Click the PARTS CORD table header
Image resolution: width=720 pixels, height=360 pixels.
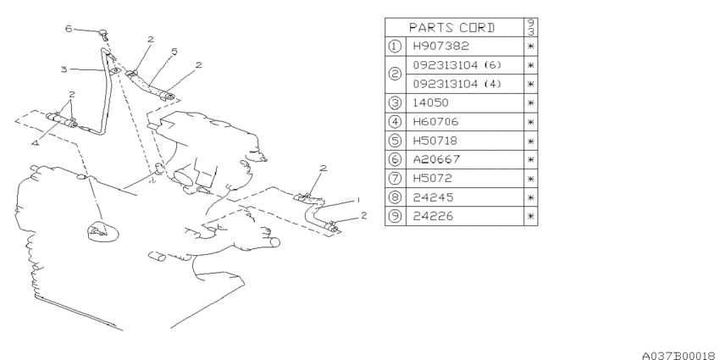tap(451, 28)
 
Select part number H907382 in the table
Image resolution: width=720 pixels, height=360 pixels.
tap(440, 46)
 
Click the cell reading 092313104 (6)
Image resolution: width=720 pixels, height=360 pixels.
tap(457, 65)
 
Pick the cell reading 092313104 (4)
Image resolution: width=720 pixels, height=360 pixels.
tap(457, 84)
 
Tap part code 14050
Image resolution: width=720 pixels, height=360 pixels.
tap(430, 102)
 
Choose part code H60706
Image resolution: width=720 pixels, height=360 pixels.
tap(435, 122)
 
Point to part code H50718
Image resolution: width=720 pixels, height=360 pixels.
tap(435, 141)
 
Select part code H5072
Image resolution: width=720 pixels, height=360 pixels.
tap(432, 179)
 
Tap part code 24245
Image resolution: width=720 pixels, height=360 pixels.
tap(433, 197)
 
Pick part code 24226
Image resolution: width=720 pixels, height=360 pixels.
tap(433, 216)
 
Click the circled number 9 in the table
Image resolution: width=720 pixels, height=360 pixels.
tap(395, 216)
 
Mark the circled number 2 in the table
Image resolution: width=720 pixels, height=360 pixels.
tap(395, 75)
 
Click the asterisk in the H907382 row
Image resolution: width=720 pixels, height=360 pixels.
tap(531, 47)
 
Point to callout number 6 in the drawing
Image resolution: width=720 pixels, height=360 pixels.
tap(69, 29)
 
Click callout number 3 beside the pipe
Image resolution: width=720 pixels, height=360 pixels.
tap(64, 69)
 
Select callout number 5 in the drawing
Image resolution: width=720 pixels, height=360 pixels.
tap(174, 52)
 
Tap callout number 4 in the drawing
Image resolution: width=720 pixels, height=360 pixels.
tap(36, 143)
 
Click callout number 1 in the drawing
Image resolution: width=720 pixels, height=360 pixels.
tap(357, 200)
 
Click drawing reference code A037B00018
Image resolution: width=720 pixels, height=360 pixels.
tap(680, 355)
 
